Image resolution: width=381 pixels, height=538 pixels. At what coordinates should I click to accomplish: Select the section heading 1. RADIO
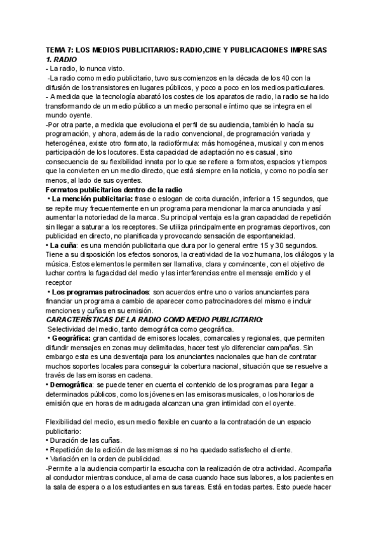point(65,58)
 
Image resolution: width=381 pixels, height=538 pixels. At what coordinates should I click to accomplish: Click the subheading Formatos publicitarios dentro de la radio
point(115,190)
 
